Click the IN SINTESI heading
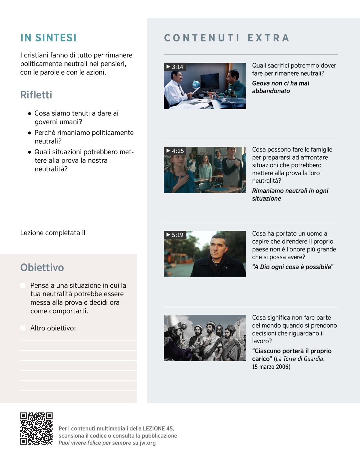pyautogui.click(x=48, y=38)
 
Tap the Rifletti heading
pyautogui.click(x=36, y=95)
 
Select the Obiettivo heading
pyautogui.click(x=42, y=267)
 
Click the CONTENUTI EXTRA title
pyautogui.click(x=227, y=38)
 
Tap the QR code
pyautogui.click(x=36, y=428)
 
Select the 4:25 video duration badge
pyautogui.click(x=175, y=151)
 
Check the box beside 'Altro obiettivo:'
pyautogui.click(x=23, y=328)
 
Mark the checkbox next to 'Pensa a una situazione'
pyautogui.click(x=23, y=285)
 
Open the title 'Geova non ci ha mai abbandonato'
pyautogui.click(x=280, y=87)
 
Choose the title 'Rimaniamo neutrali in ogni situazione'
pyautogui.click(x=290, y=194)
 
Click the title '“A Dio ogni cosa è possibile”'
pyautogui.click(x=292, y=267)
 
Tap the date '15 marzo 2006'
pyautogui.click(x=271, y=367)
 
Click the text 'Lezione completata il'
pyautogui.click(x=53, y=233)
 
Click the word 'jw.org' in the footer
pyautogui.click(x=148, y=443)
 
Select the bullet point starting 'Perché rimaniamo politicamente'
pyautogui.click(x=84, y=137)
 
